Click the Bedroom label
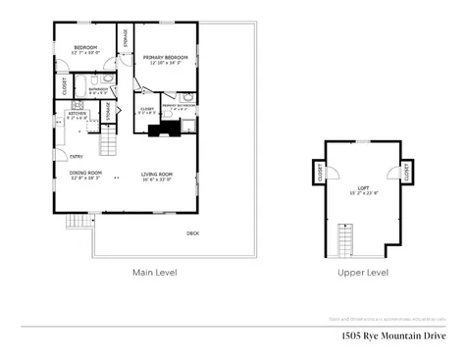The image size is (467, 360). [86, 47]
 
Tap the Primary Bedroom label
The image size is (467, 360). [162, 59]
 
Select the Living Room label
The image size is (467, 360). [157, 174]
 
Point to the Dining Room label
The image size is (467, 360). [85, 174]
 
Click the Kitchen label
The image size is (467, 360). [78, 115]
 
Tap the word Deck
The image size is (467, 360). [193, 232]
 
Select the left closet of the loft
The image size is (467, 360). [321, 173]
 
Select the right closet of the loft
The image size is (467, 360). [405, 173]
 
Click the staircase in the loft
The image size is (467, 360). [346, 237]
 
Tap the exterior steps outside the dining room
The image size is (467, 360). [78, 221]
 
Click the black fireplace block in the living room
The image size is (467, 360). [160, 128]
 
